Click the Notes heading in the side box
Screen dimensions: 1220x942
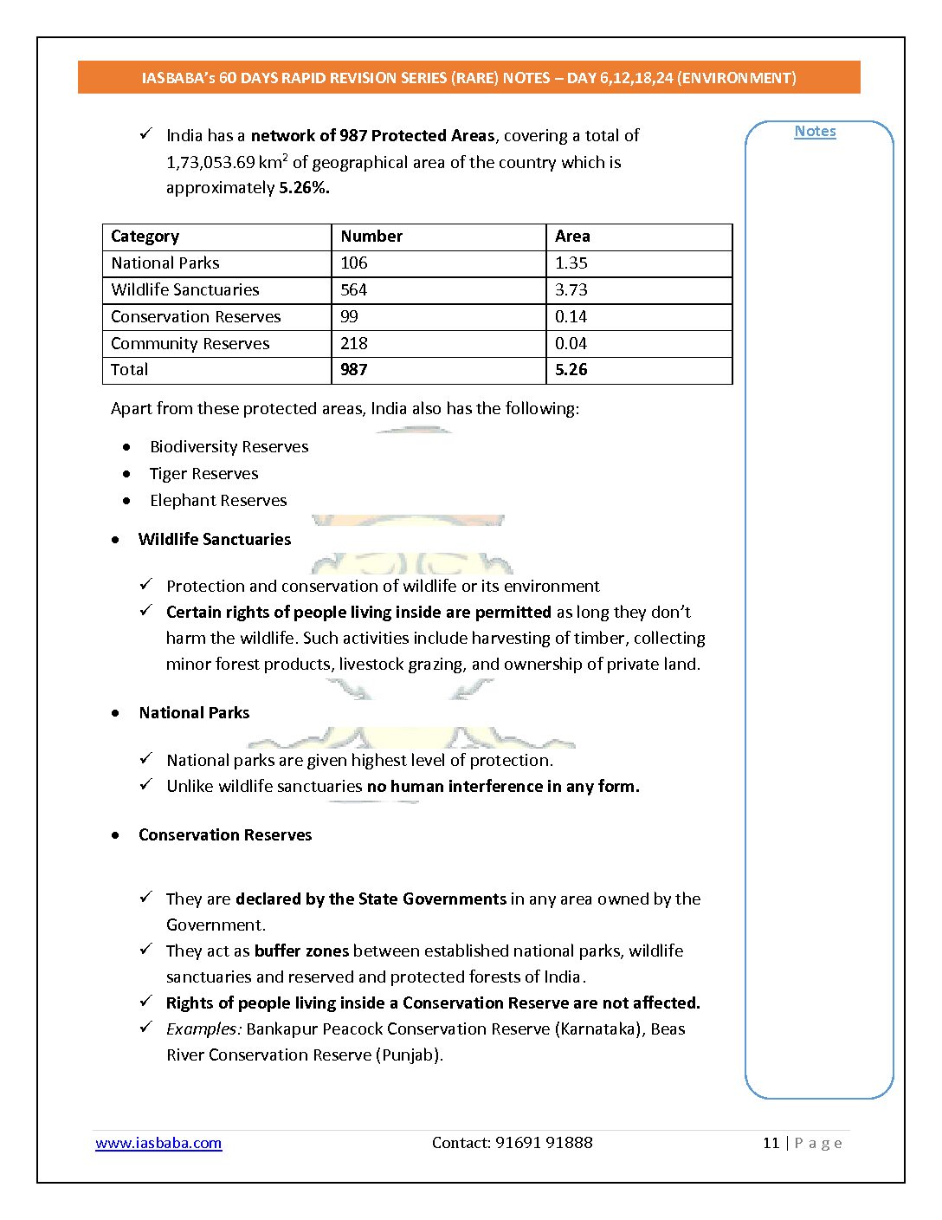tap(815, 132)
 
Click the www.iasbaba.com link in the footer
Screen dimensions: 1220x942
tap(158, 1143)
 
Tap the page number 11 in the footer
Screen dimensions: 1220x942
tap(771, 1143)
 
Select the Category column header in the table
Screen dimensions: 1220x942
tap(145, 237)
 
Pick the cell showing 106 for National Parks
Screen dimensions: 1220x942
tap(354, 263)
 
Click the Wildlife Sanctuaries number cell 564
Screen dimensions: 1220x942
tap(354, 290)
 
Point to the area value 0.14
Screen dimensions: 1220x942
tap(571, 317)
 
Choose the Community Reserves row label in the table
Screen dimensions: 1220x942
tap(190, 344)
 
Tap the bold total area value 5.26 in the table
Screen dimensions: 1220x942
tap(571, 370)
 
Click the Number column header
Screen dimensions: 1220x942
tap(371, 237)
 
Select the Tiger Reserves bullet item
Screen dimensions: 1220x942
tap(203, 474)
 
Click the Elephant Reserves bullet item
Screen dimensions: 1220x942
tap(218, 501)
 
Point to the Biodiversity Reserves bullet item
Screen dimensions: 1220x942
tap(229, 447)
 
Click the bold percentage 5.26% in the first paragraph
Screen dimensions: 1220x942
tap(304, 188)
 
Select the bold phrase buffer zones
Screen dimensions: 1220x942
tap(301, 951)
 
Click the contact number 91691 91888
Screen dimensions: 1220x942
tap(544, 1143)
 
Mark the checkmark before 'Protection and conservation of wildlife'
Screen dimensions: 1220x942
tap(146, 585)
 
